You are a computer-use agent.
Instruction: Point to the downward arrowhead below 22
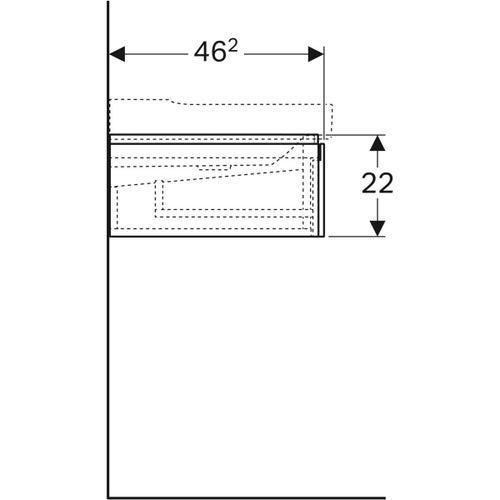pyautogui.click(x=377, y=229)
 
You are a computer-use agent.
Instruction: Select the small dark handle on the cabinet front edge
pyautogui.click(x=322, y=150)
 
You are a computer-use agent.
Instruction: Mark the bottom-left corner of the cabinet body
pyautogui.click(x=109, y=236)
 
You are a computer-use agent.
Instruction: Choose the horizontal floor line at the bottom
pyautogui.click(x=300, y=495)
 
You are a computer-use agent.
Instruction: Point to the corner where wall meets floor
pyautogui.click(x=108, y=495)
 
